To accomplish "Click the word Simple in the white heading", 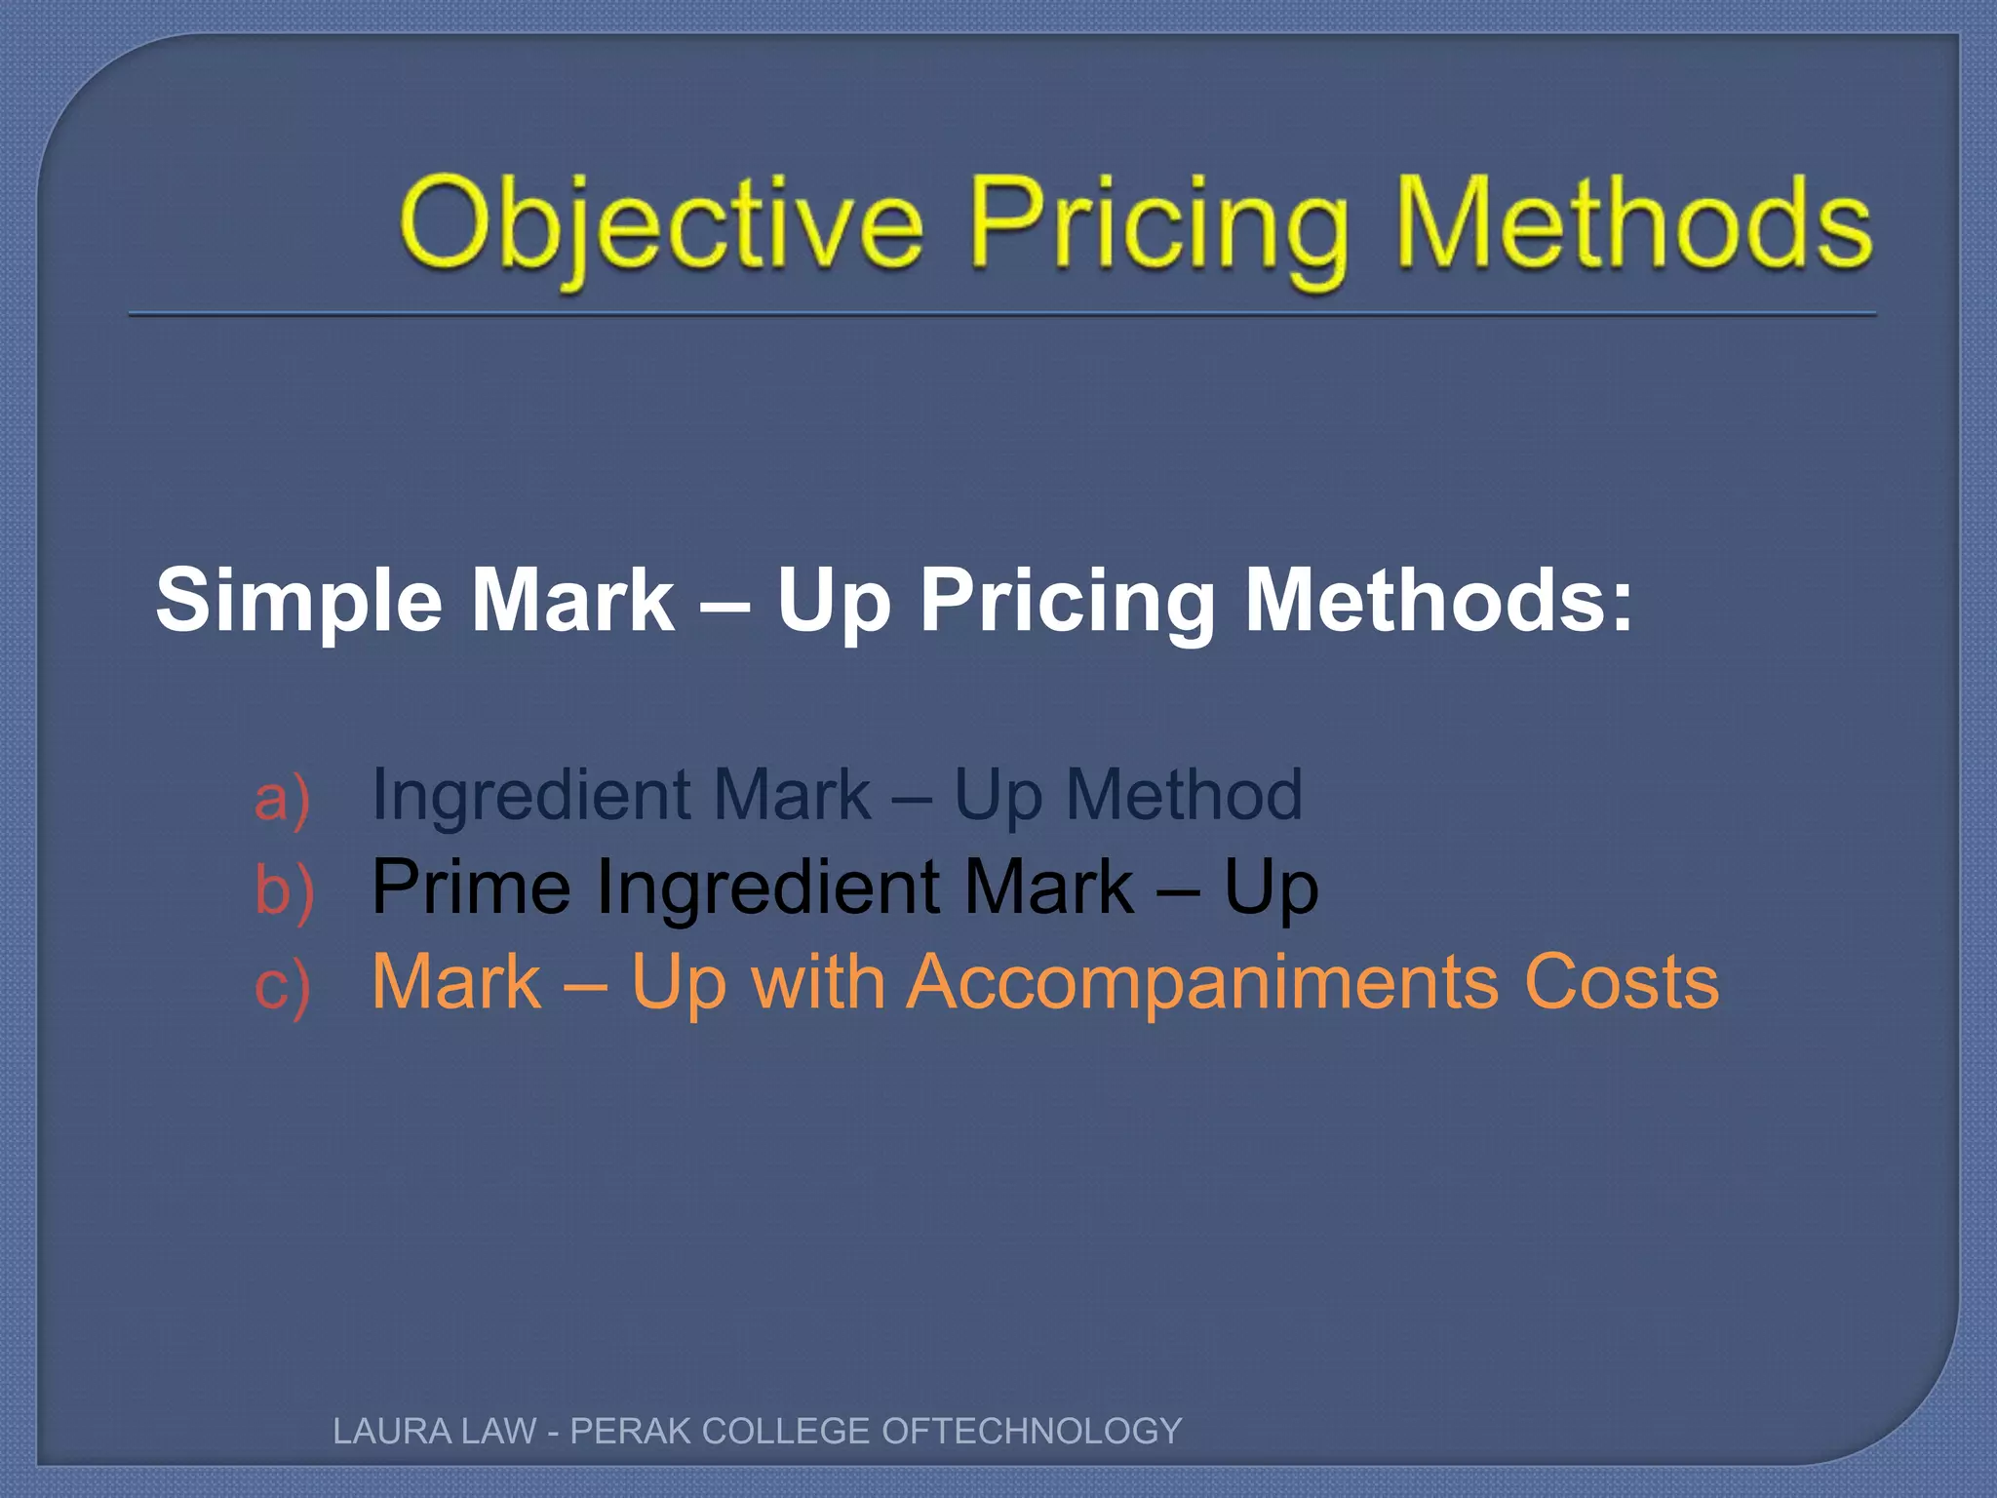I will click(298, 601).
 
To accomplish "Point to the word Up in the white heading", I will click(834, 601).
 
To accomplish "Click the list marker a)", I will click(282, 798).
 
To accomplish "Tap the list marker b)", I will click(284, 890).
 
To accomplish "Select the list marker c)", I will click(282, 985).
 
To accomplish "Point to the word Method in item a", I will click(1183, 794).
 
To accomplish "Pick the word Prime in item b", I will click(471, 887).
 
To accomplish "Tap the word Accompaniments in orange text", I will click(1202, 983).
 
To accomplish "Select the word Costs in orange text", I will click(1622, 981).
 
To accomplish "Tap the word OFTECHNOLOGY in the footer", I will click(1031, 1431).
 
